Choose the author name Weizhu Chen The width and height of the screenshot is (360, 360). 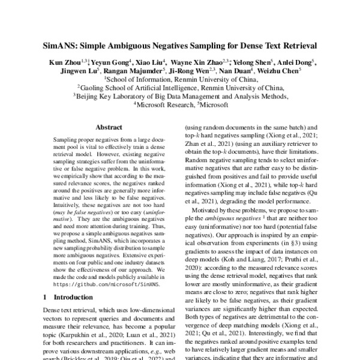point(286,70)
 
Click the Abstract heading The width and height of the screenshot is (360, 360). point(109,127)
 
